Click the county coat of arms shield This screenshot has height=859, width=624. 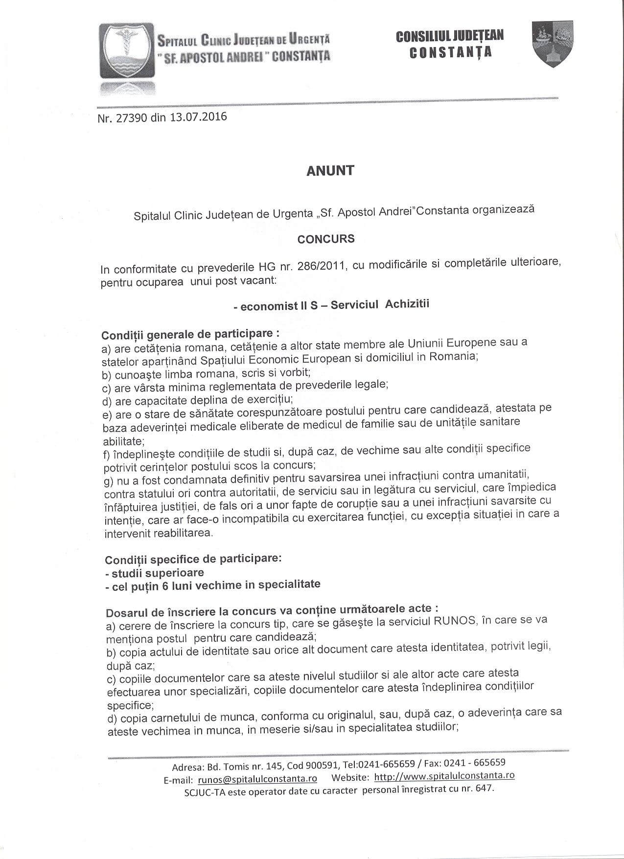pos(552,44)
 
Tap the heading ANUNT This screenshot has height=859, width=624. pos(330,171)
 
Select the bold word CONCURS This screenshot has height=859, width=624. pos(326,239)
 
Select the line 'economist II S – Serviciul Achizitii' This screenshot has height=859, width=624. pos(331,305)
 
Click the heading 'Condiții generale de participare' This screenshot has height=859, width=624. pos(190,335)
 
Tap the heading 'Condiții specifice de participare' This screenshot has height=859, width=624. pos(193,559)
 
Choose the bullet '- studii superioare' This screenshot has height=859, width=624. pos(155,573)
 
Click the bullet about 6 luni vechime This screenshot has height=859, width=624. pos(213,585)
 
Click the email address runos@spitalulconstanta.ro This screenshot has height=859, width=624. pos(257,779)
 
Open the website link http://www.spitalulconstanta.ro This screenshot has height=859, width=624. pos(444,776)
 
